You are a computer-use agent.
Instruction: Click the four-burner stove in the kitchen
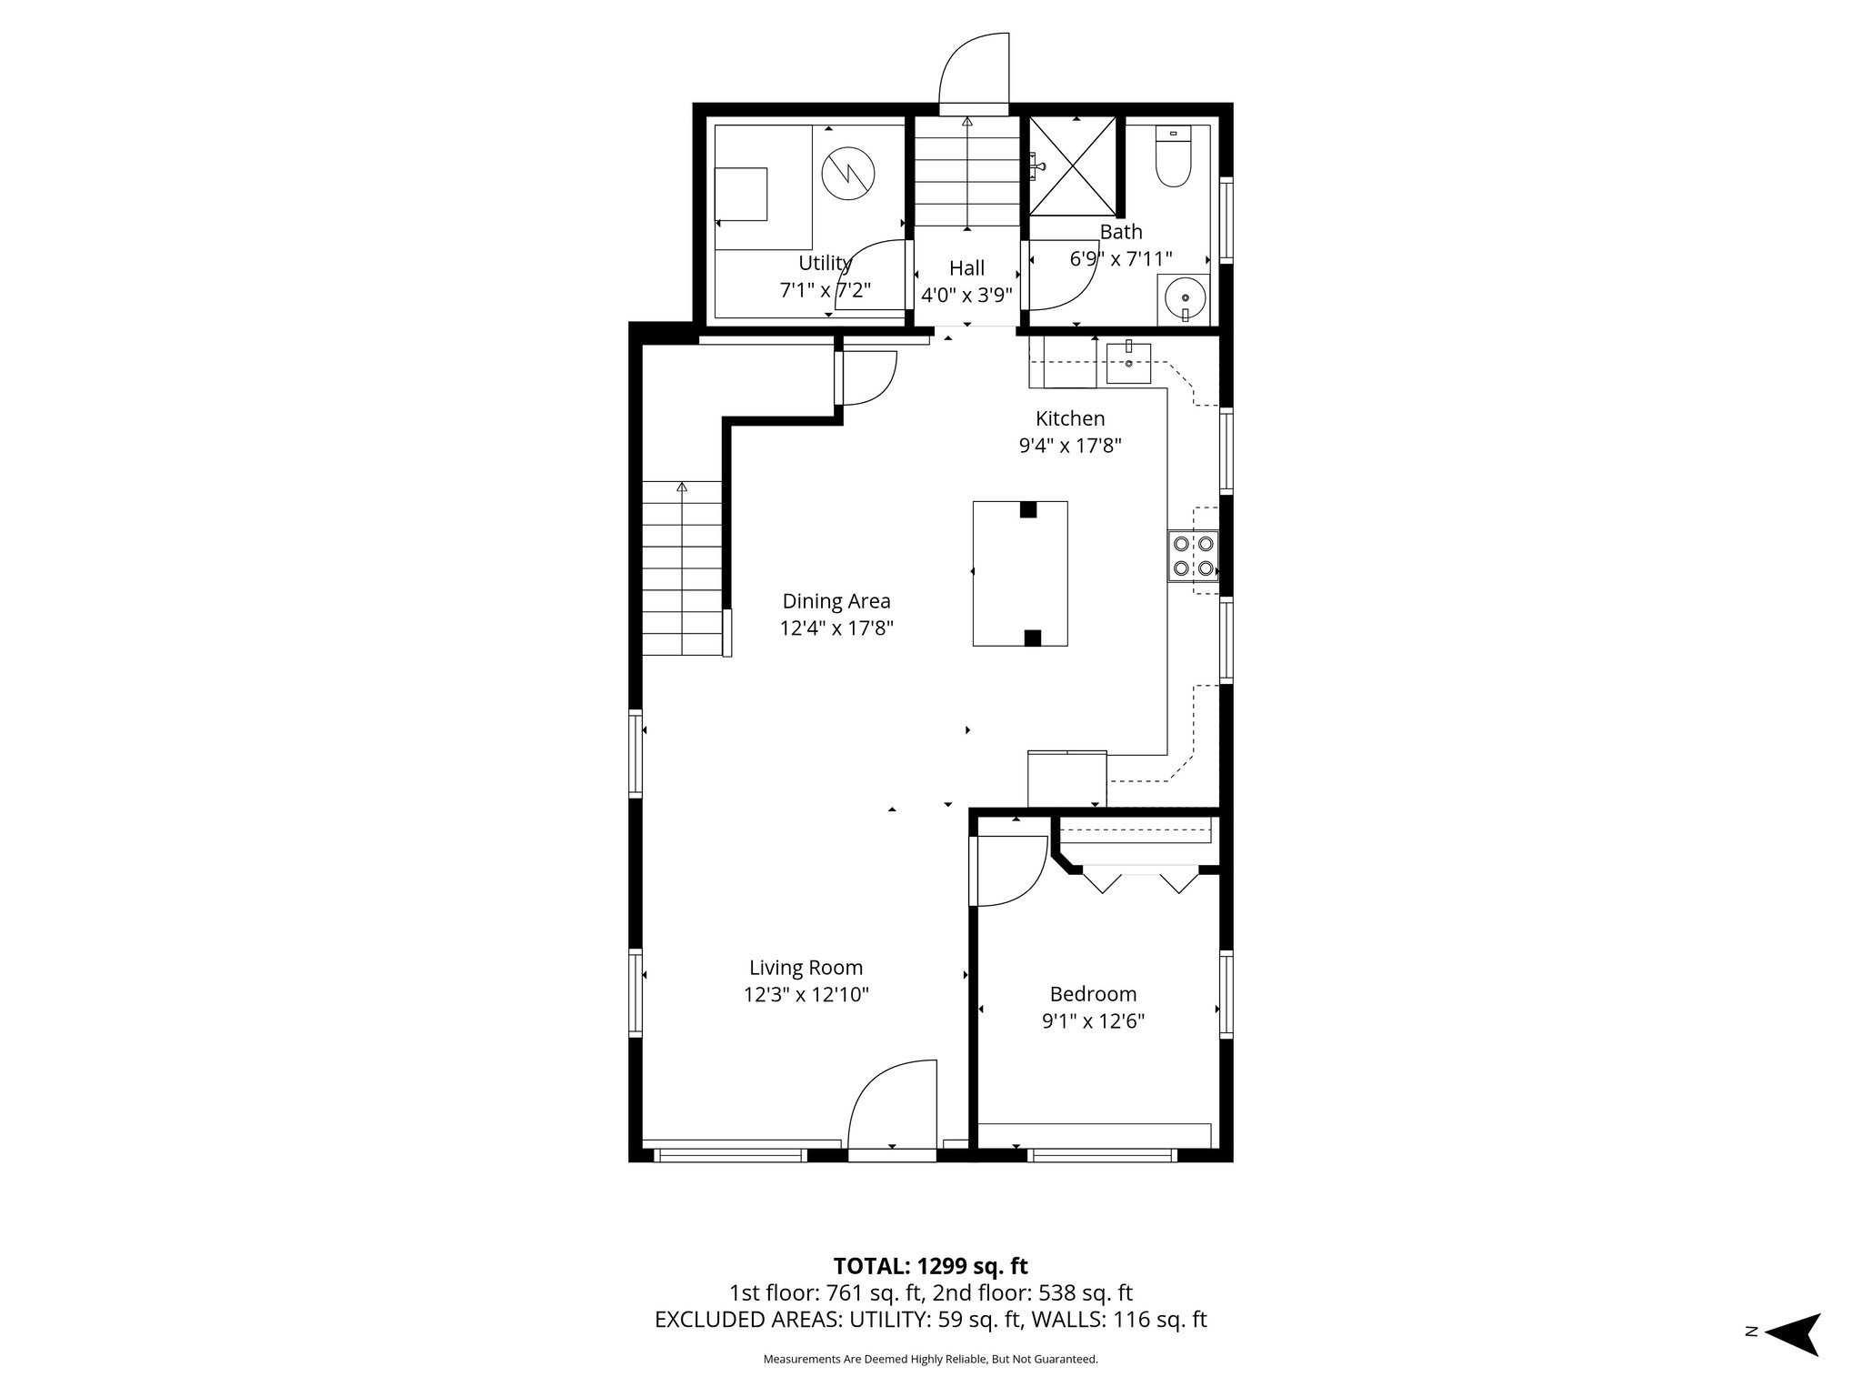(x=1193, y=556)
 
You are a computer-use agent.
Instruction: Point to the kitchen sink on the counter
(x=1128, y=363)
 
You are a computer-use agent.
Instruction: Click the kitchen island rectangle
(x=1019, y=573)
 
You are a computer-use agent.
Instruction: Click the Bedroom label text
(x=1093, y=994)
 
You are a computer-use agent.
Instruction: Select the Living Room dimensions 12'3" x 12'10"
(x=806, y=995)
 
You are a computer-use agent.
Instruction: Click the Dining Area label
(x=836, y=601)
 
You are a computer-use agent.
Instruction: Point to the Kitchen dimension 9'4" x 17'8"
(x=1070, y=446)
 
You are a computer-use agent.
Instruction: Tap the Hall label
(x=966, y=268)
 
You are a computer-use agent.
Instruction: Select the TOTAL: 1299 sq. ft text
(x=930, y=1266)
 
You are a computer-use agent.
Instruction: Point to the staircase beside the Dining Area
(x=682, y=568)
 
